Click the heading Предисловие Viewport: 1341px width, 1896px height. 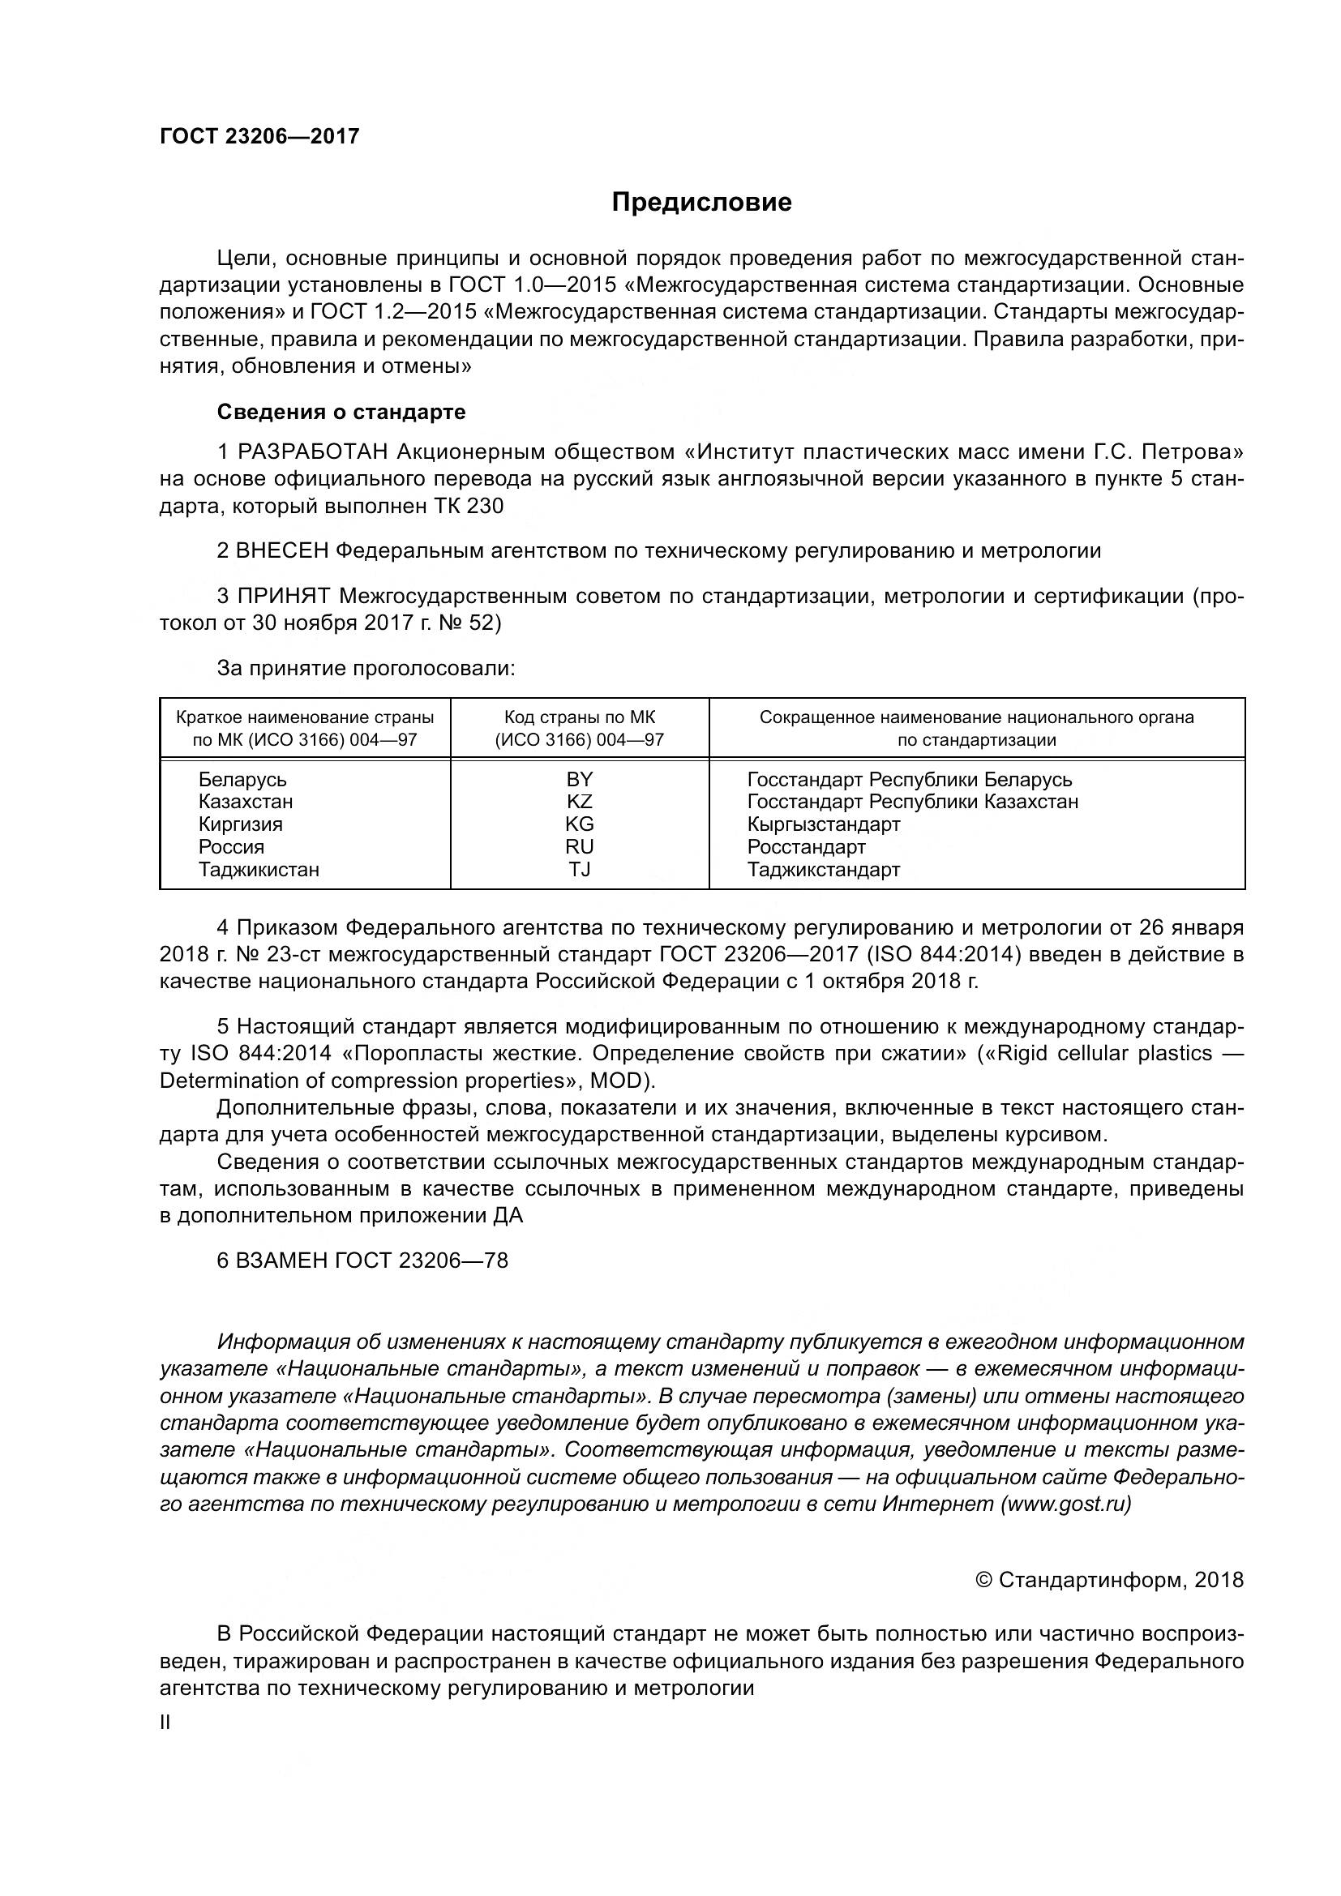pyautogui.click(x=701, y=203)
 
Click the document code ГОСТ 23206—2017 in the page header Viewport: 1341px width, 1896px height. pyautogui.click(x=259, y=137)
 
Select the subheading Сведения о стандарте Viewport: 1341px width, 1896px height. pyautogui.click(x=341, y=412)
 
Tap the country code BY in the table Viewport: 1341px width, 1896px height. pyautogui.click(x=580, y=780)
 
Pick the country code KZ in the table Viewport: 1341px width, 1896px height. pyautogui.click(x=580, y=802)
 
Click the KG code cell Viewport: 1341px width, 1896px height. pyautogui.click(x=580, y=824)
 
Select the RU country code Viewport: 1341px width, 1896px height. pyautogui.click(x=580, y=846)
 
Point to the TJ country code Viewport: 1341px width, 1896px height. pyautogui.click(x=580, y=870)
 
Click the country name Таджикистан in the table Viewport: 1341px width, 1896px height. pyautogui.click(x=259, y=870)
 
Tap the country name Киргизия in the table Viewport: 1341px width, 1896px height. pyautogui.click(x=240, y=824)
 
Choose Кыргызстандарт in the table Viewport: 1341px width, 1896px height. pyautogui.click(x=823, y=824)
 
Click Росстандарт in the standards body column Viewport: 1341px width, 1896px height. pyautogui.click(x=806, y=846)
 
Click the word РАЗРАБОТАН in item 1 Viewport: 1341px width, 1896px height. pyautogui.click(x=313, y=452)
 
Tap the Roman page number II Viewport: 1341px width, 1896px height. pyautogui.click(x=165, y=1723)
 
